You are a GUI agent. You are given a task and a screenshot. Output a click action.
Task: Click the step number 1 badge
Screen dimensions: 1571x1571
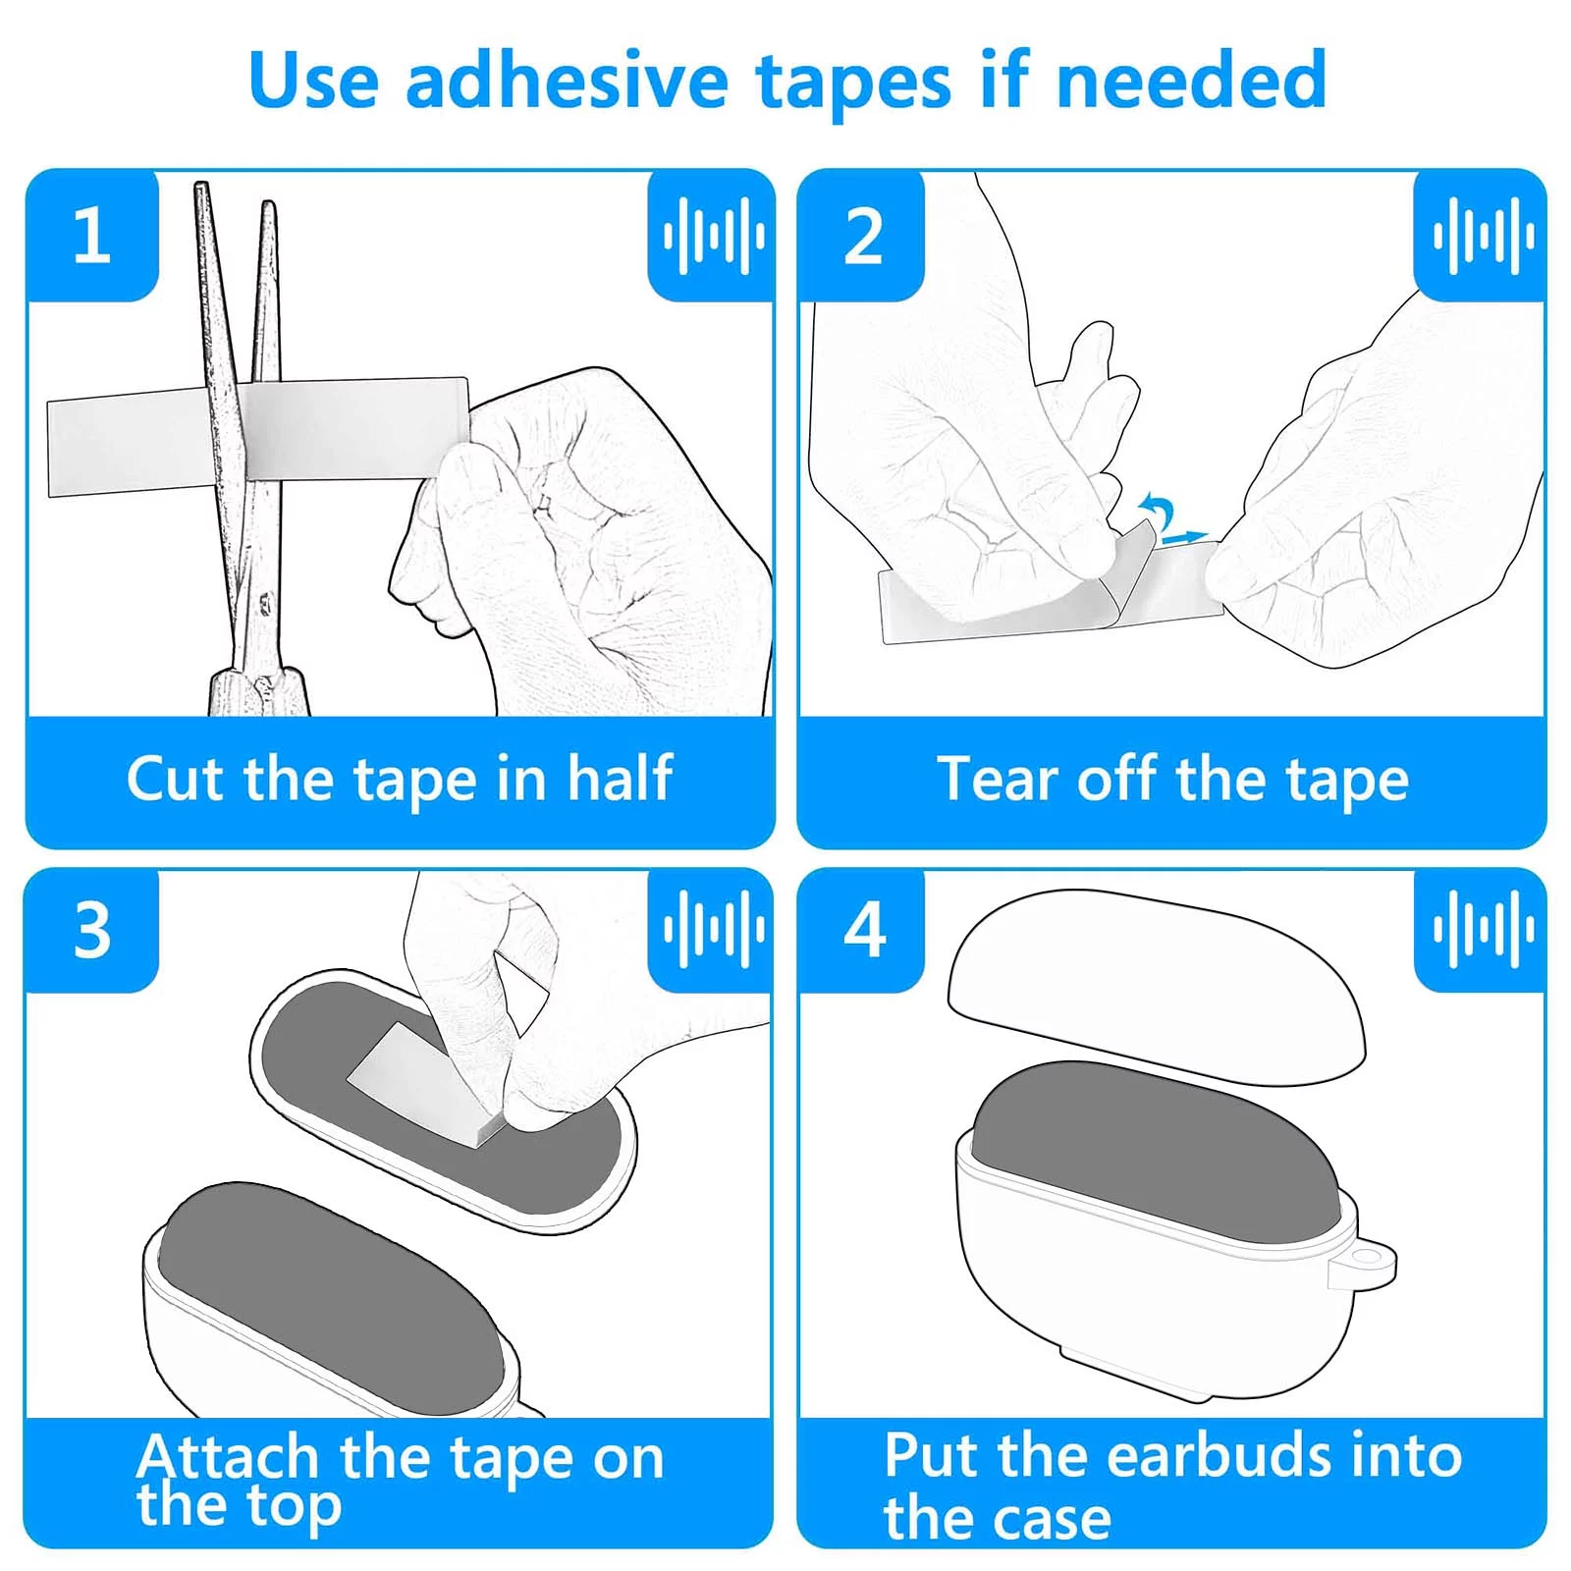point(92,236)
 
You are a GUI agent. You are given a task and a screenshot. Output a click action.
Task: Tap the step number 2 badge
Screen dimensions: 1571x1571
point(862,236)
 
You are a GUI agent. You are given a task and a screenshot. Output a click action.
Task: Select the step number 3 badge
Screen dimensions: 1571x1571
point(92,929)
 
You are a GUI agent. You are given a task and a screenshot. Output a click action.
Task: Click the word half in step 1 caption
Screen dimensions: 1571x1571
point(620,779)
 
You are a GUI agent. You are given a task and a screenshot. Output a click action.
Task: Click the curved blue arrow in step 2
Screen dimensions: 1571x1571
point(1158,513)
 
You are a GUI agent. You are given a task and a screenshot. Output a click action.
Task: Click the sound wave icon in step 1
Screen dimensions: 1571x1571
point(714,236)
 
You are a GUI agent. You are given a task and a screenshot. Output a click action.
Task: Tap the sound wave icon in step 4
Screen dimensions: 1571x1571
point(1483,929)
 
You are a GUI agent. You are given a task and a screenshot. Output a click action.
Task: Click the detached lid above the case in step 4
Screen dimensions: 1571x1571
point(1157,986)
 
